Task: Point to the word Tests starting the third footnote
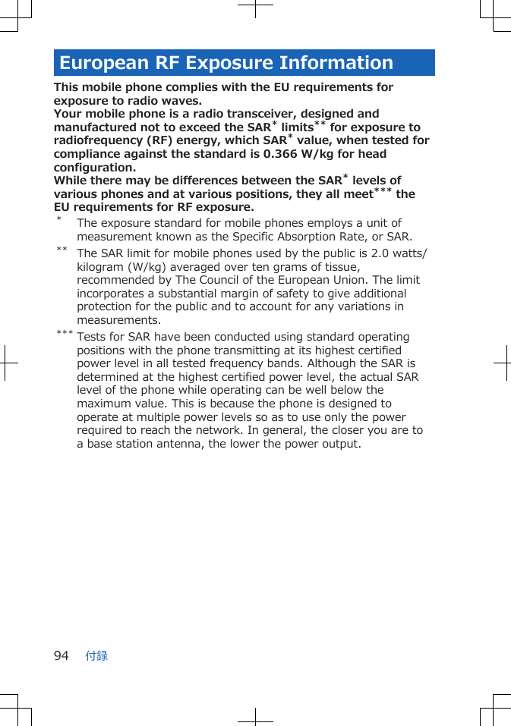click(93, 337)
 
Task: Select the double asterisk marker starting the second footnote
click(61, 250)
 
